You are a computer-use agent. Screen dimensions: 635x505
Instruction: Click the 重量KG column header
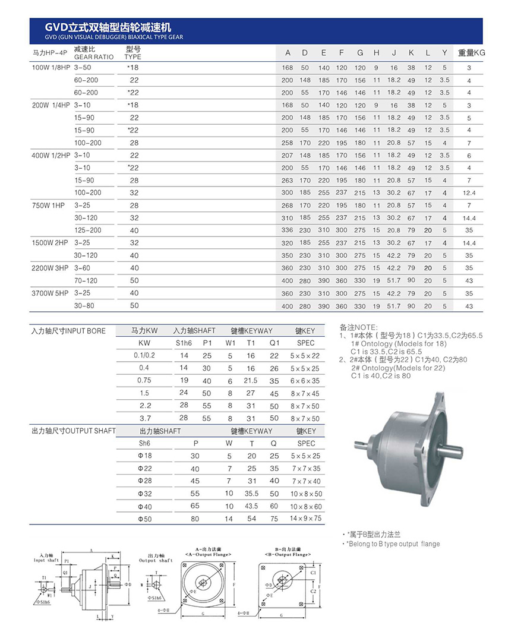pos(471,53)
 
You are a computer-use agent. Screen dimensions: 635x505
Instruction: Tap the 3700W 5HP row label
pos(50,293)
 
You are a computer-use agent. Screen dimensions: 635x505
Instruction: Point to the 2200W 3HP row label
pos(50,268)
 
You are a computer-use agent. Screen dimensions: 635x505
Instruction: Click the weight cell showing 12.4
pos(469,193)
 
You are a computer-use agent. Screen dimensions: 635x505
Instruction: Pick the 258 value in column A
pos(288,143)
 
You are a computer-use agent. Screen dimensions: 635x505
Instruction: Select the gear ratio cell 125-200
pos(87,230)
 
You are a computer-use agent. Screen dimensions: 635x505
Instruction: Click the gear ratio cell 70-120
pos(86,280)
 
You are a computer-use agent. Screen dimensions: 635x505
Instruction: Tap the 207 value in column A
pos(288,156)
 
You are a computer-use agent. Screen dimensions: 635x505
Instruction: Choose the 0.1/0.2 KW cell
pos(144,355)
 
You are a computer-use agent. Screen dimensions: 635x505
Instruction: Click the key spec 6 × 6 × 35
pos(305,381)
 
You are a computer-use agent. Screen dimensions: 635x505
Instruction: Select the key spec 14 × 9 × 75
pos(305,519)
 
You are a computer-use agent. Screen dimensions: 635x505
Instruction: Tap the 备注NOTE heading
pos(358,327)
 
